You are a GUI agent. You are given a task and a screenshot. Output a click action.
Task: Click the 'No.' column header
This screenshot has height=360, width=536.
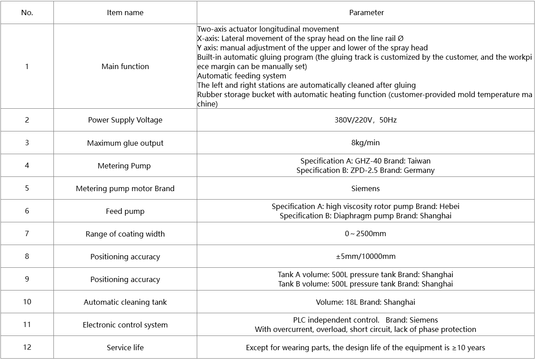point(27,12)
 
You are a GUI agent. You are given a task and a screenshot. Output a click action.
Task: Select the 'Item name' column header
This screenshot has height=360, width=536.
point(125,12)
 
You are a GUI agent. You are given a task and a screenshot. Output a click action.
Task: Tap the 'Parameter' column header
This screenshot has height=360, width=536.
point(366,12)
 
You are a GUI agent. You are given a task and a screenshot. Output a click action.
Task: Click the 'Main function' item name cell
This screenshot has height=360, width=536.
point(125,66)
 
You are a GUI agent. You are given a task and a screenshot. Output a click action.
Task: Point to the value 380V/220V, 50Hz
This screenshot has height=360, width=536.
point(365,120)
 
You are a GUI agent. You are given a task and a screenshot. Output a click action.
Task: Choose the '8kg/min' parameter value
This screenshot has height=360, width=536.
point(365,143)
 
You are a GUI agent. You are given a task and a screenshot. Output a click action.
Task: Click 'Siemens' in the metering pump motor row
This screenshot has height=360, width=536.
point(365,188)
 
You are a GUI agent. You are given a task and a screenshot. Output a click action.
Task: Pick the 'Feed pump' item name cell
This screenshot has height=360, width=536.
point(125,211)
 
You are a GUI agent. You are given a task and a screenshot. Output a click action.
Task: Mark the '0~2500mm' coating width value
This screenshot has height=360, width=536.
point(365,234)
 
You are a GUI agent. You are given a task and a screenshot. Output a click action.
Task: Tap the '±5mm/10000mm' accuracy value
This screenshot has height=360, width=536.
point(365,257)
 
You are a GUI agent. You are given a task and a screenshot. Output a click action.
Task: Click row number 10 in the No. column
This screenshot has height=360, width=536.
point(27,302)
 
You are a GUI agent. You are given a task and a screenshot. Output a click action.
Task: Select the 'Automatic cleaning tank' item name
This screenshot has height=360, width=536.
point(125,302)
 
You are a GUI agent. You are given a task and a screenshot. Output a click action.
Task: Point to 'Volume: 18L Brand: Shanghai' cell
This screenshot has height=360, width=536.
point(365,302)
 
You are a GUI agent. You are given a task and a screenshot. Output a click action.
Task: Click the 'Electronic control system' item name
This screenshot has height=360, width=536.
point(125,325)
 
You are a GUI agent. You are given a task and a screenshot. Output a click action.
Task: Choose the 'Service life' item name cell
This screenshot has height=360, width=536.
point(125,348)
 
